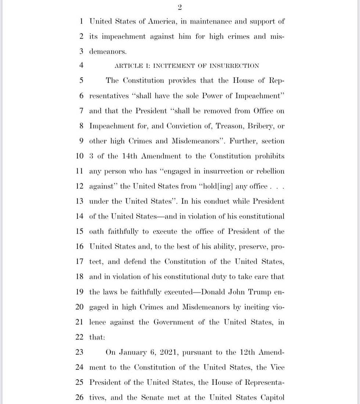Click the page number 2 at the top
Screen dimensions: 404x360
click(180, 7)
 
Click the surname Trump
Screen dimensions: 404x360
click(261, 292)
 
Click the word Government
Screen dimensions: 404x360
click(173, 322)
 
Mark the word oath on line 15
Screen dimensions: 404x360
click(96, 231)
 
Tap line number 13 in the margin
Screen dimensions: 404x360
click(80, 201)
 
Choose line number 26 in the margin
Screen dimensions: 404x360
click(80, 397)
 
